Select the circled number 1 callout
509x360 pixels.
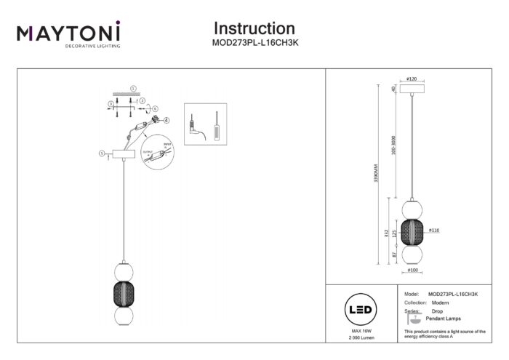click(132, 89)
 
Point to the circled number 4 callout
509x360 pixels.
click(167, 120)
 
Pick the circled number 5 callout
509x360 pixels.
click(100, 153)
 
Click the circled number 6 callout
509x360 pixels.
click(155, 108)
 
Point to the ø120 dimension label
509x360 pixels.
click(412, 79)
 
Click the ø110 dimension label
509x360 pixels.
click(434, 231)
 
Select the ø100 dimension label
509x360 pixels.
click(412, 271)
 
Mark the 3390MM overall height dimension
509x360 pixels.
click(376, 175)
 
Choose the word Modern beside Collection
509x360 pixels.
click(441, 302)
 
